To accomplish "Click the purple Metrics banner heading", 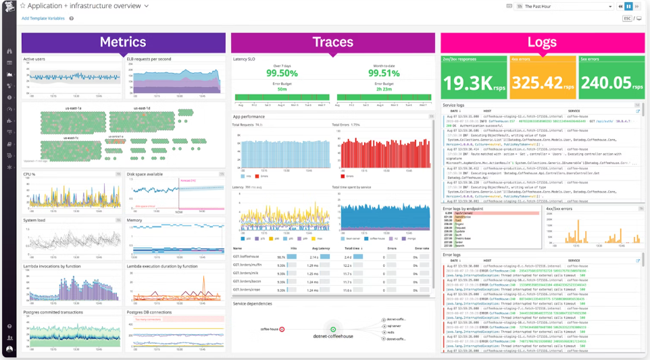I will point(122,42).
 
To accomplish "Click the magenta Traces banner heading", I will point(332,42).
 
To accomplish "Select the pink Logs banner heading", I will point(541,43).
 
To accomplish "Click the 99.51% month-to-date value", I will point(384,74).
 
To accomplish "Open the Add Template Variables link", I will point(43,18).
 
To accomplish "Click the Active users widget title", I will point(34,59).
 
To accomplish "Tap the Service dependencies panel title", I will point(253,304).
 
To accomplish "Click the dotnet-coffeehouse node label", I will point(333,336).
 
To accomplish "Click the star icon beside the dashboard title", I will point(22,6).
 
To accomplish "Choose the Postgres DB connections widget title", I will point(149,313).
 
